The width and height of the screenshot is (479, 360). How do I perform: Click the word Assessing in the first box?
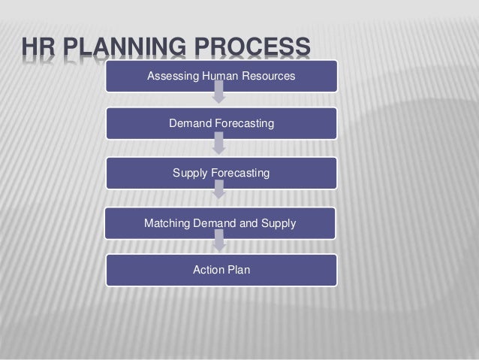pyautogui.click(x=171, y=77)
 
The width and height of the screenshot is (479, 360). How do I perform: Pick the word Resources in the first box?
pyautogui.click(x=269, y=77)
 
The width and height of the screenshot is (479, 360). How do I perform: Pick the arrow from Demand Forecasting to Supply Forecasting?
pyautogui.click(x=219, y=144)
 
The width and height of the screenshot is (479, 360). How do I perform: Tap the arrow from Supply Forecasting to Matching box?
pyautogui.click(x=219, y=192)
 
